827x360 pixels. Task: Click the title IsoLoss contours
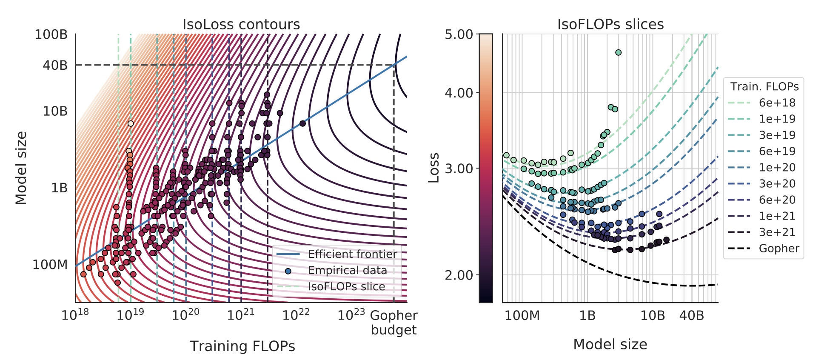point(241,24)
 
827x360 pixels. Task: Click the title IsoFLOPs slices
point(610,24)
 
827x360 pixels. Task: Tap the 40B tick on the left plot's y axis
point(55,65)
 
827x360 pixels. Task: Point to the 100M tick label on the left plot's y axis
point(50,265)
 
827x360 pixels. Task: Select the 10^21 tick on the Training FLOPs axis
point(241,315)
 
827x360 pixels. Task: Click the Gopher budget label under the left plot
point(394,323)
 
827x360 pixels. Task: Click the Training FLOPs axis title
point(242,346)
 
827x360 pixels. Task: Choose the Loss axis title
point(433,168)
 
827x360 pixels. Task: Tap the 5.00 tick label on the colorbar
point(459,34)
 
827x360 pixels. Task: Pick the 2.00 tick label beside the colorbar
point(459,275)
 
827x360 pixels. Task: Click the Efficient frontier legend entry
point(352,254)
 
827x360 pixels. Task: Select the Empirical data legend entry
point(347,270)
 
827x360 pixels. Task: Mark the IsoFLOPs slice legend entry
point(346,286)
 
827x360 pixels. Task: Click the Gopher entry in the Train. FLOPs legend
point(779,248)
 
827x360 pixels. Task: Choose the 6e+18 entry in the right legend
point(777,103)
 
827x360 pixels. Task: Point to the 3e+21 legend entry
point(777,232)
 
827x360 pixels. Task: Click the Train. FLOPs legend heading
point(764,86)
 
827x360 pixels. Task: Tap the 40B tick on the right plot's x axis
point(691,315)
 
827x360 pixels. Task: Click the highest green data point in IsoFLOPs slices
point(618,53)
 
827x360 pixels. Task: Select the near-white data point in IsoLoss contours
point(131,124)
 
